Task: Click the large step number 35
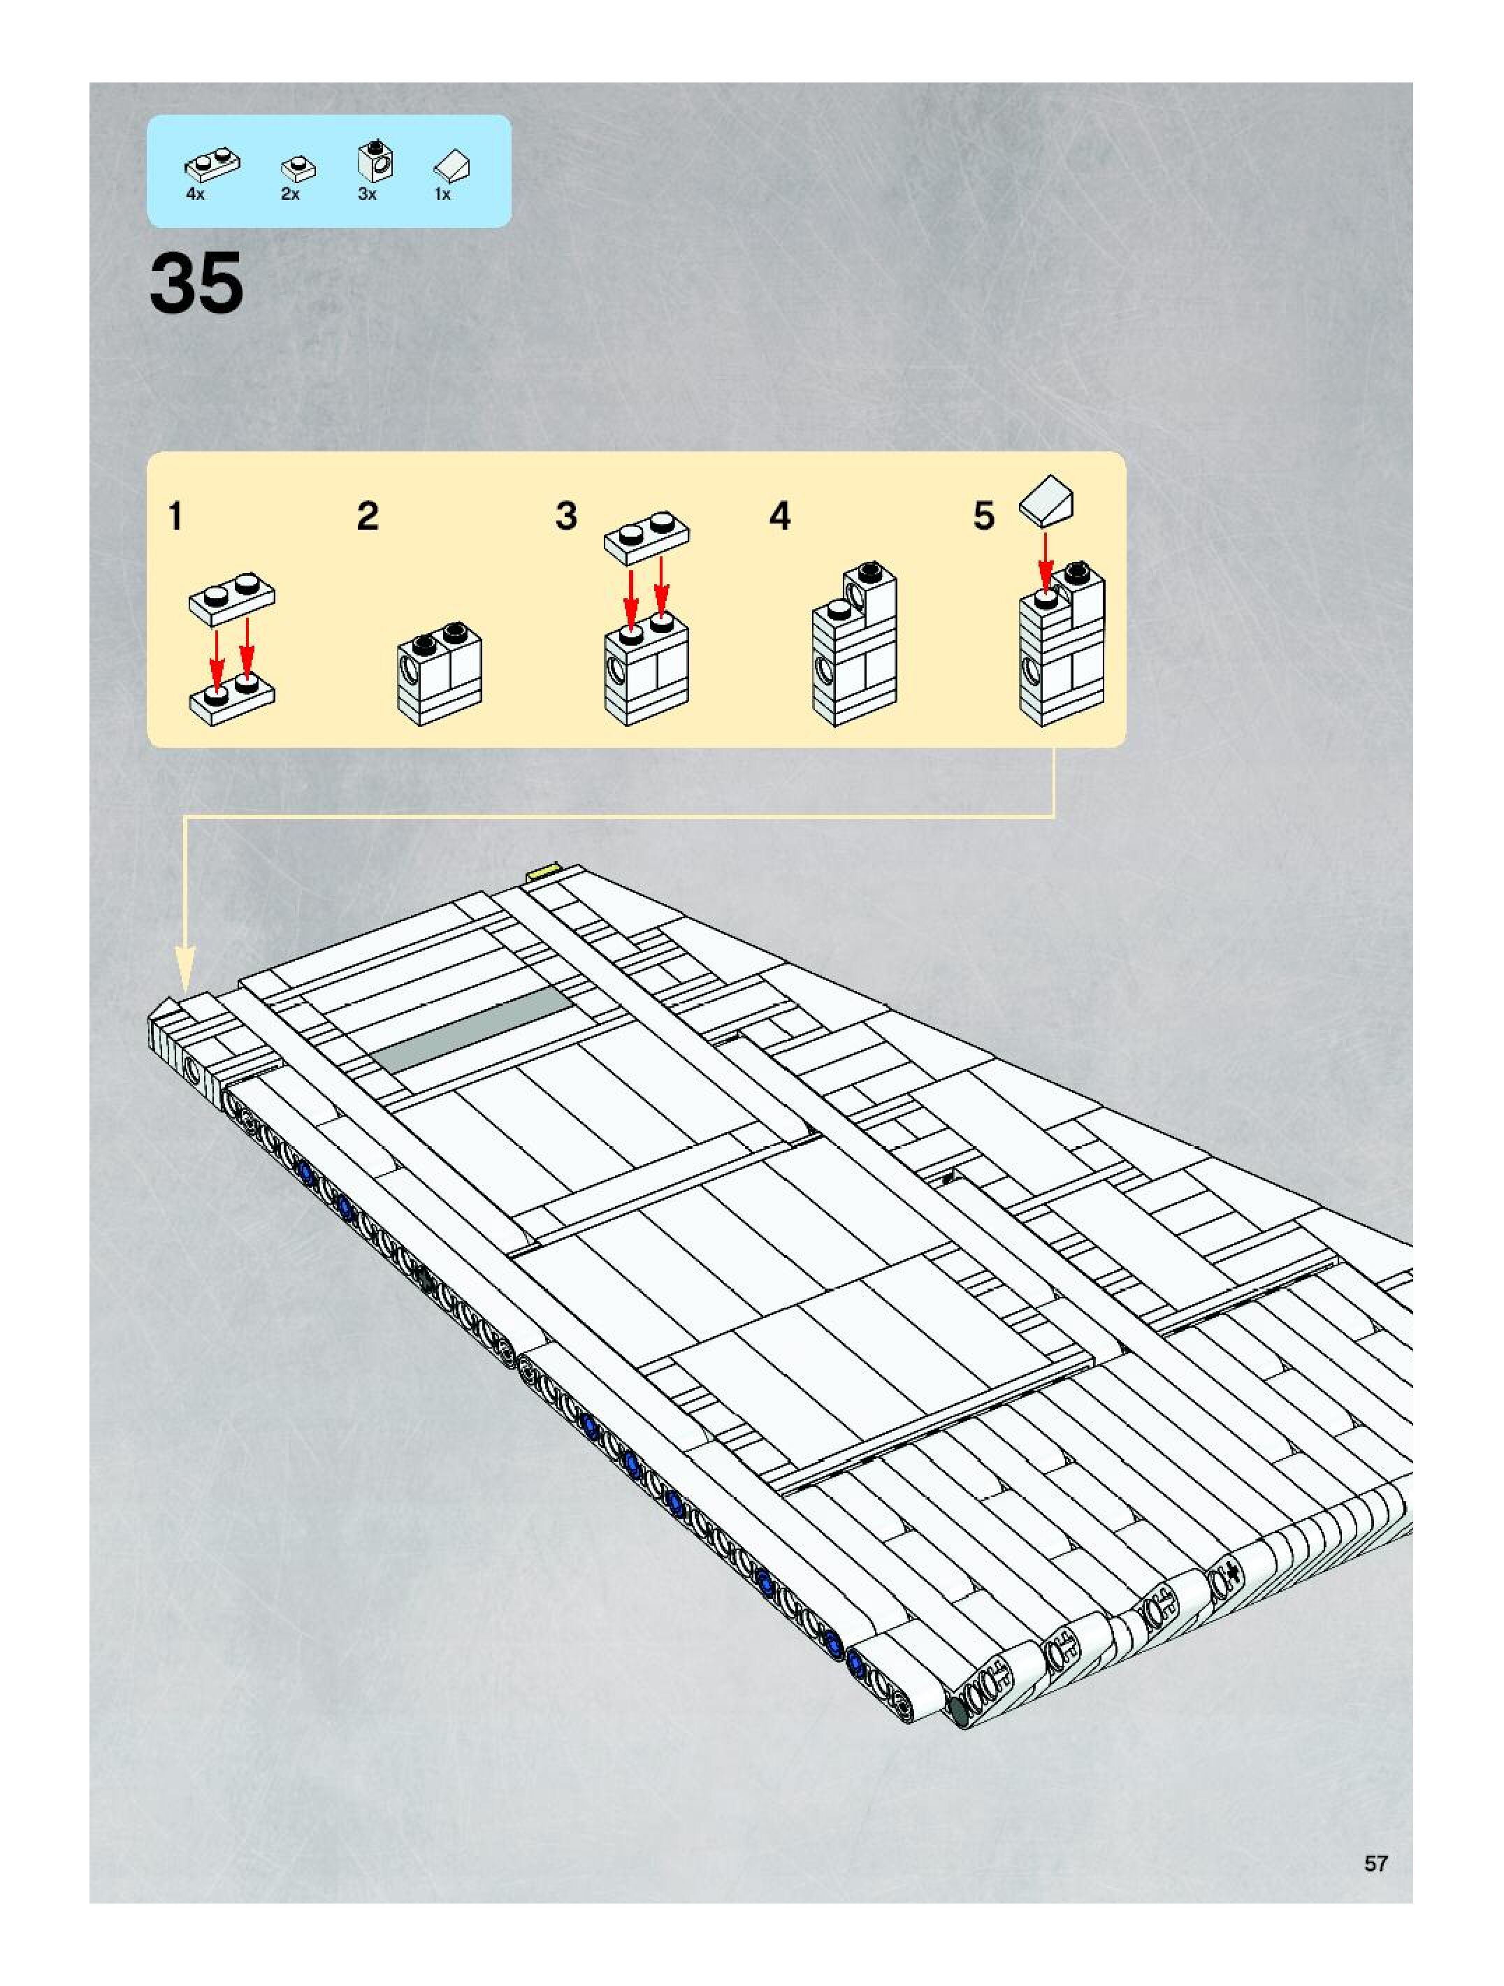tap(196, 283)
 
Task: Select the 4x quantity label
tap(195, 194)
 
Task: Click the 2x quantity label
tap(290, 194)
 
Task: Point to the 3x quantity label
tap(367, 194)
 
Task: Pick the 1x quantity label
tap(442, 194)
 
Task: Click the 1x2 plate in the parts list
tap(212, 164)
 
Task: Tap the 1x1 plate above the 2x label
tap(298, 167)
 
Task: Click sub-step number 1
tap(176, 517)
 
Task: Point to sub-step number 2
tap(367, 517)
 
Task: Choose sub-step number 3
tap(565, 517)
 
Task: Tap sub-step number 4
tap(779, 517)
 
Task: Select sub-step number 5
tap(984, 517)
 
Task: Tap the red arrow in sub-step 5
tap(1045, 560)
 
